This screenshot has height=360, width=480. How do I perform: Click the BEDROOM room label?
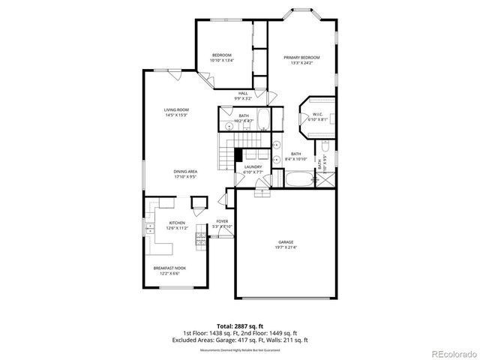pos(221,55)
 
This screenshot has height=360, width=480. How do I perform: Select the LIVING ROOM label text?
pos(176,110)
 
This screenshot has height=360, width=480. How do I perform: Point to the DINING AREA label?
pos(184,172)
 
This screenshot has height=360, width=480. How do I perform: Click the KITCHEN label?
pos(177,223)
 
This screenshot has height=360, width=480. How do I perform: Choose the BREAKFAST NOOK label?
pos(170,268)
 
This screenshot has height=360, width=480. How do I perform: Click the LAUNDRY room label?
pos(253,166)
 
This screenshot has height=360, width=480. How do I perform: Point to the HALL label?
pos(243,93)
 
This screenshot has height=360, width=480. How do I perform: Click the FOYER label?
pos(222,222)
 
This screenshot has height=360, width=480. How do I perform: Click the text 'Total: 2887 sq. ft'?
pos(240,326)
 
